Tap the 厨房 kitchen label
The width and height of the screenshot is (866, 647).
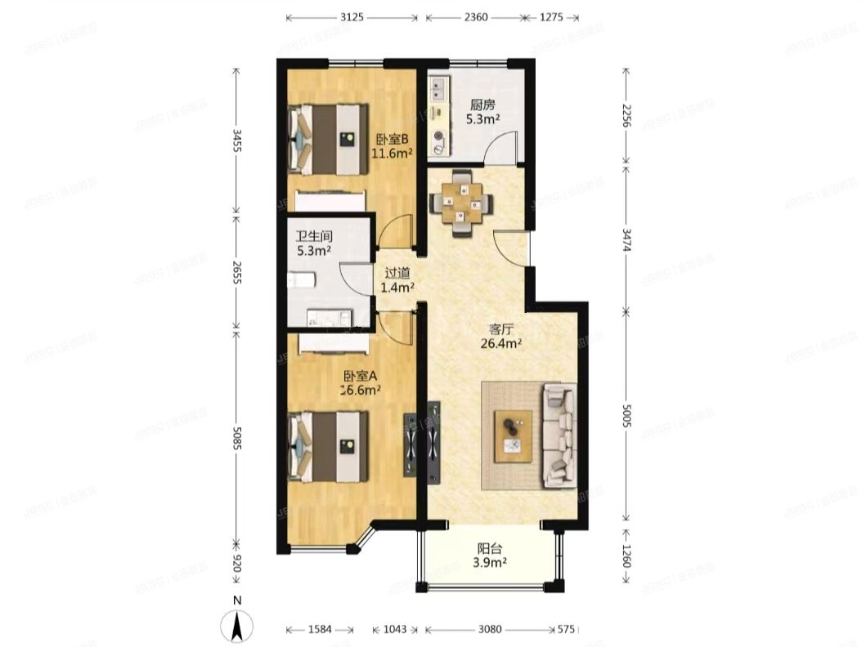482,105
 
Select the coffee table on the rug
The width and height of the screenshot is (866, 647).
513,435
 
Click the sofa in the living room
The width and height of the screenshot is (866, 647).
560,434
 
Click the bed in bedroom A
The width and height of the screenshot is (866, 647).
329,446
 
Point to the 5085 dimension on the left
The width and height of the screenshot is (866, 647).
237,435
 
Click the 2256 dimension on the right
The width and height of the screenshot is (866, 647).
626,119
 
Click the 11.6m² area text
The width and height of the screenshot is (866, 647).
392,152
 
